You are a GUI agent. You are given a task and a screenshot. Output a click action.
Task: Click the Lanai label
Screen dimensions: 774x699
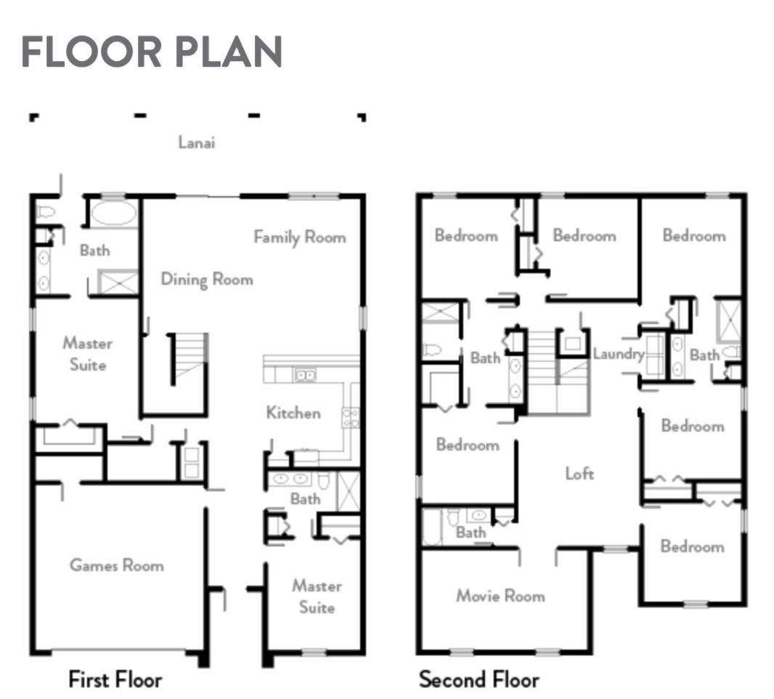pos(197,142)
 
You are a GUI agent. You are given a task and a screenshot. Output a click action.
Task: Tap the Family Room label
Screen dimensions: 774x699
pos(300,237)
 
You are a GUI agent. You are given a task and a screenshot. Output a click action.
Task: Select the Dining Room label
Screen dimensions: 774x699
pos(207,280)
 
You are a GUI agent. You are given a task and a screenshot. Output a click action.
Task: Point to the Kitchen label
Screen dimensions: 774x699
pos(293,413)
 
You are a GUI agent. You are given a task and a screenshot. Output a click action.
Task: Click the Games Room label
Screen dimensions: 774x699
pos(116,565)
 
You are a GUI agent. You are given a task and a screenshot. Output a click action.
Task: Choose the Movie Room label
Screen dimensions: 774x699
pos(500,596)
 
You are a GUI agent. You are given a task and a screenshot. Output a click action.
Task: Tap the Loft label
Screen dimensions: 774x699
pos(579,474)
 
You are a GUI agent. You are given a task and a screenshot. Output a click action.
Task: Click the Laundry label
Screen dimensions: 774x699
pos(619,354)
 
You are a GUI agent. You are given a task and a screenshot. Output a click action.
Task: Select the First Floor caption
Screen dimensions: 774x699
pos(115,679)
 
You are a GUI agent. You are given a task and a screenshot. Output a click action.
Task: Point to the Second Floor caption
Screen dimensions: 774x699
pos(478,679)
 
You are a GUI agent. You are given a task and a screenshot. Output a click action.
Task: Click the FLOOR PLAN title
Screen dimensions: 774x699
pos(152,52)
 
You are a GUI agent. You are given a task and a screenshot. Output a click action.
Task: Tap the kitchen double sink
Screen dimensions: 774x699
pos(305,376)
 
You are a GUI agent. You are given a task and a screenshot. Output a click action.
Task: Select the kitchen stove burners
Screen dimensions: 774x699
pos(351,417)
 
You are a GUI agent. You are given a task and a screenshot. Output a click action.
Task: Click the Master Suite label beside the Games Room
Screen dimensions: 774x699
pos(317,597)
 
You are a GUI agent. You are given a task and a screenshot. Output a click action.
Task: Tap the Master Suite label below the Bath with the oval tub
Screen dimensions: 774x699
pos(87,354)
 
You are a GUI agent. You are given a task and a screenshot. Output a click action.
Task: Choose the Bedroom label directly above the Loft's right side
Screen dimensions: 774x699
pos(693,426)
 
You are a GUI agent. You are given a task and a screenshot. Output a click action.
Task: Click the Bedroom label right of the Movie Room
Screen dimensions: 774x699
pos(692,546)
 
